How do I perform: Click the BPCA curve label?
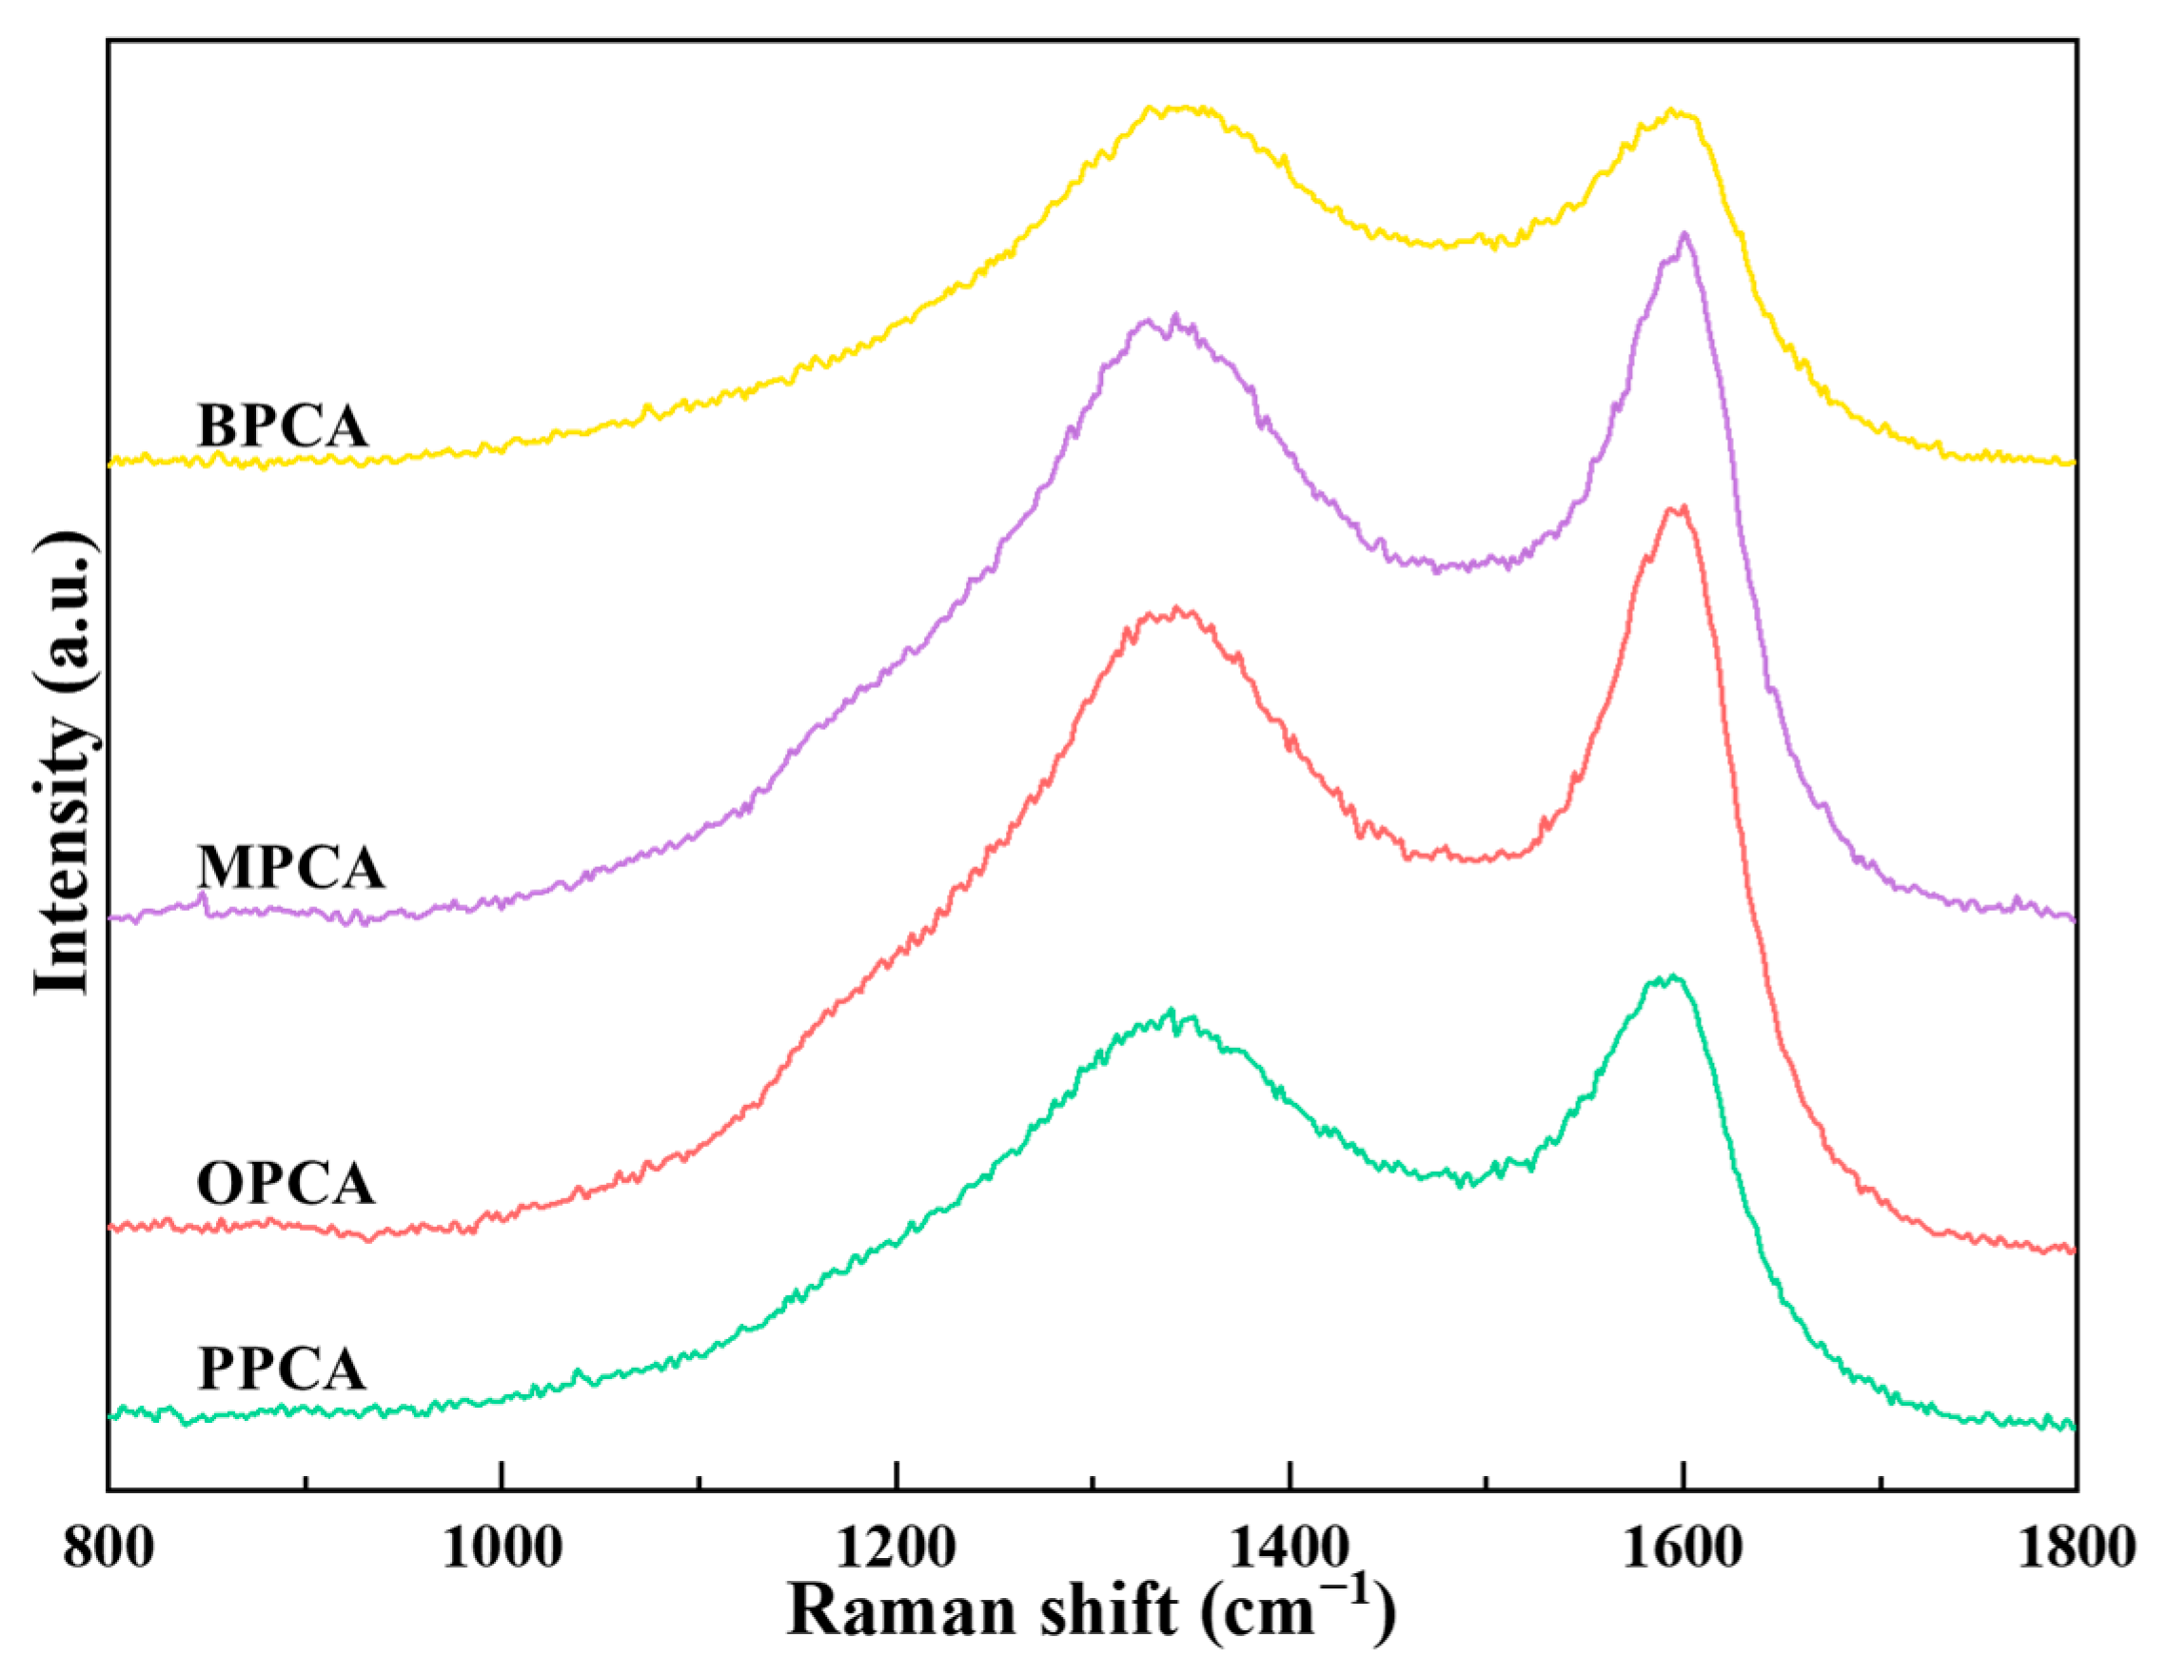point(283,426)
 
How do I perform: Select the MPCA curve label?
point(290,868)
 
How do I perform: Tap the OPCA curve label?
point(286,1184)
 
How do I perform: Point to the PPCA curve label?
point(283,1370)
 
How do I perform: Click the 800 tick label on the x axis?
point(109,1548)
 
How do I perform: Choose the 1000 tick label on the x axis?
point(502,1548)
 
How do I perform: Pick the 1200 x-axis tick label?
point(895,1548)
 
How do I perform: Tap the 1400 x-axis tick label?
point(1289,1548)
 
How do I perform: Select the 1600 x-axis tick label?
point(1682,1548)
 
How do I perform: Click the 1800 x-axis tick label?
point(2076,1548)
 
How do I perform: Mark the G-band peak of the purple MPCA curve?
point(1684,234)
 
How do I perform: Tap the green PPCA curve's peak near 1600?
point(1672,977)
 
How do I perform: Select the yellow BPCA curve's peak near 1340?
point(1181,108)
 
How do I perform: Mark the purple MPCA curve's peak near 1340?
point(1174,318)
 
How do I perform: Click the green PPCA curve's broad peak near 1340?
point(1171,1012)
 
